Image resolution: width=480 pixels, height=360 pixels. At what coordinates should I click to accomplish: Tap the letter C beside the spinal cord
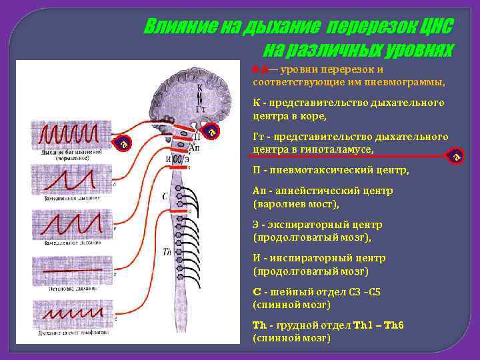pyautogui.click(x=165, y=197)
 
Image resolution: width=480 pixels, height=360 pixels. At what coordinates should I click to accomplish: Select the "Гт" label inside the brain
pyautogui.click(x=200, y=109)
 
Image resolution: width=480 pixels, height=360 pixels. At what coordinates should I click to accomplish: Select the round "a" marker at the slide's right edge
pyautogui.click(x=457, y=156)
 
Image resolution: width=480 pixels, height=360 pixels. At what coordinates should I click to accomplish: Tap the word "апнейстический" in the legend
pyautogui.click(x=314, y=191)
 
